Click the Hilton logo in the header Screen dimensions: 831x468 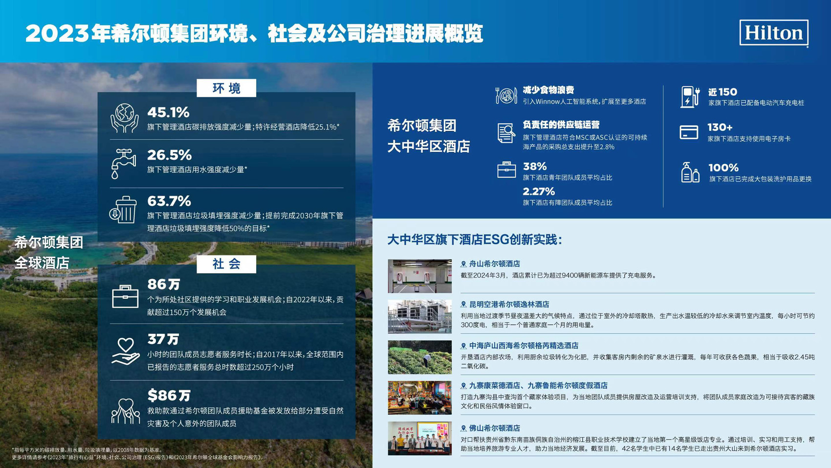tap(773, 33)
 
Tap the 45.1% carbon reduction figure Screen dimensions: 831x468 tap(168, 112)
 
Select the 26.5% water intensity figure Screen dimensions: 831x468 tap(169, 155)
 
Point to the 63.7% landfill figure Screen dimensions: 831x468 tap(169, 201)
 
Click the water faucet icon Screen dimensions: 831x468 tap(124, 164)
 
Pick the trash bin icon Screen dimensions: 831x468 tap(123, 210)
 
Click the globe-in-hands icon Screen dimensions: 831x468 tap(124, 118)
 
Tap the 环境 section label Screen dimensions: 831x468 tap(226, 89)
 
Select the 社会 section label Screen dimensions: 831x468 tap(226, 264)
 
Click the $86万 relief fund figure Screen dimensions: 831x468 tap(169, 395)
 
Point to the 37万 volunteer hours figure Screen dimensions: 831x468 tap(163, 339)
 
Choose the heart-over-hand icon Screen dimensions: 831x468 tap(126, 351)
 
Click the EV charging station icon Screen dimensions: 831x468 tap(690, 97)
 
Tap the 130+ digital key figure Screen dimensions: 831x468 tap(720, 127)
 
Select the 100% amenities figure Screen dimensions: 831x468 tap(723, 167)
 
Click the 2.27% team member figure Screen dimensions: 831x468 tap(539, 192)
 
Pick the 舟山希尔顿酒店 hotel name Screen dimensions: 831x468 tap(495, 264)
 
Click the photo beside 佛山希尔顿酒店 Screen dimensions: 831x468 tap(419, 438)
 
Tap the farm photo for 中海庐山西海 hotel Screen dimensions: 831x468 tap(419, 357)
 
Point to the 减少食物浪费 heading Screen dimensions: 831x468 tap(548, 90)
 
